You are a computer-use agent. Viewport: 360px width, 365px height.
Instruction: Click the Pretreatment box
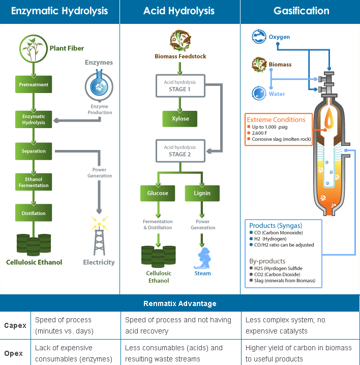(x=34, y=84)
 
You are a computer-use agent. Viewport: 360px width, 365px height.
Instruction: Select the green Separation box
(x=34, y=151)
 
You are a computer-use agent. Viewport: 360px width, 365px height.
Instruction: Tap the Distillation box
(x=34, y=213)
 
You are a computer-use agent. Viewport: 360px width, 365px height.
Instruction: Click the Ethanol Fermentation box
(x=34, y=182)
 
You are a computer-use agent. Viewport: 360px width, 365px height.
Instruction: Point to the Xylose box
(x=180, y=118)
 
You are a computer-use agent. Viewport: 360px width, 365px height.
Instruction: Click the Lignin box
(x=202, y=193)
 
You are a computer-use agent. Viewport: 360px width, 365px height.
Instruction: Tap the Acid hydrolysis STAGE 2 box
(x=180, y=150)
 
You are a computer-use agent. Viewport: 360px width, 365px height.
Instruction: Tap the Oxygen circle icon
(x=259, y=37)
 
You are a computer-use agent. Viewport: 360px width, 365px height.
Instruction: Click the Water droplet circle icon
(x=259, y=94)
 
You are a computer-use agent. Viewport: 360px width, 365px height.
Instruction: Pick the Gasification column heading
(x=301, y=11)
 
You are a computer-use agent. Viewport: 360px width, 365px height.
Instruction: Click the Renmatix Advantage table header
(x=180, y=303)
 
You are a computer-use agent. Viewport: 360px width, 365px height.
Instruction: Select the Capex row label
(x=15, y=325)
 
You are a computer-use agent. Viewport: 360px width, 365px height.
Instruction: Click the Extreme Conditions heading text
(x=276, y=119)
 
